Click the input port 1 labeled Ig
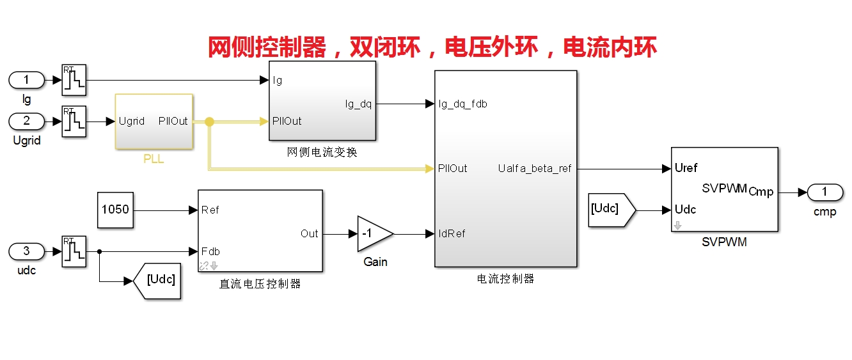[27, 80]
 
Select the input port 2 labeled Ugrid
[27, 121]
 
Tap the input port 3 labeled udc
[27, 251]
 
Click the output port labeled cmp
[824, 192]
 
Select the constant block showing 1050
[115, 210]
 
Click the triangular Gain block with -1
[375, 234]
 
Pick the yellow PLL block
[154, 121]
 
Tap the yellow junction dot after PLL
[209, 121]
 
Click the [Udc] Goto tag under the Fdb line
[157, 281]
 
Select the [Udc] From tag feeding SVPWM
[612, 210]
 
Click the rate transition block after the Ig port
[74, 80]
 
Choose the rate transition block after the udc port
[74, 251]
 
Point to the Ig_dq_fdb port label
[462, 104]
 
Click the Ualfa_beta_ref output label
[534, 168]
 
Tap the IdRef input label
[452, 233]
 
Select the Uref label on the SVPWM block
[686, 168]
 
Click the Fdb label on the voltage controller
[210, 251]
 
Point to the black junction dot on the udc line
[99, 251]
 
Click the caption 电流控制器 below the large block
[505, 279]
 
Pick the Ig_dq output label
[358, 104]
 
